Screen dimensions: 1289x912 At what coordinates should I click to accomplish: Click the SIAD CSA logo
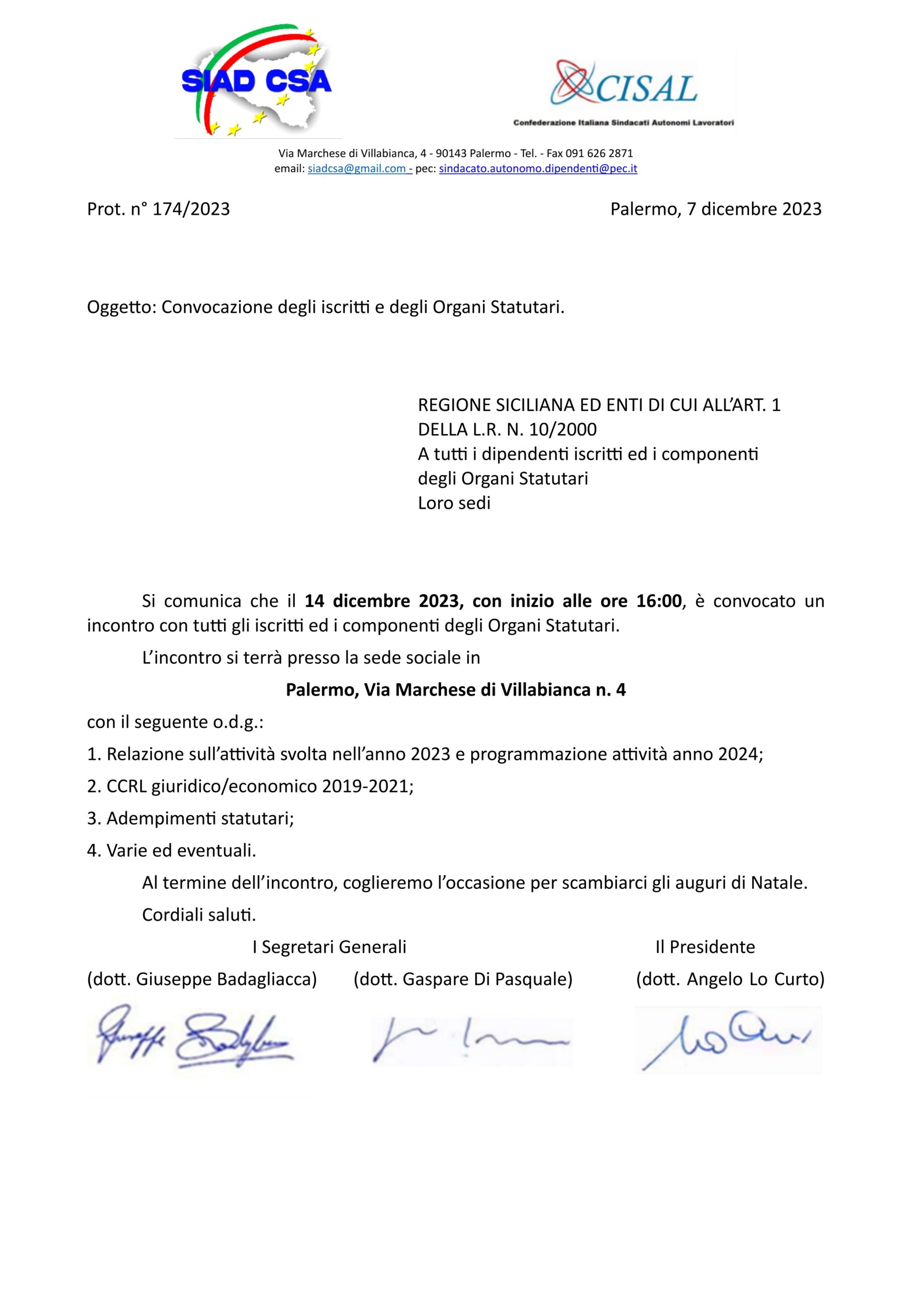pyautogui.click(x=257, y=82)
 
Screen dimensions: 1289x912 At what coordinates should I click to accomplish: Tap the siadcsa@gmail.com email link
pyautogui.click(x=360, y=168)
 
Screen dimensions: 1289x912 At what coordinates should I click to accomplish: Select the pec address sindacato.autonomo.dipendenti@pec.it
pyautogui.click(x=537, y=168)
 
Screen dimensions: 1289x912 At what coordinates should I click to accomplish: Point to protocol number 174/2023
pyautogui.click(x=191, y=209)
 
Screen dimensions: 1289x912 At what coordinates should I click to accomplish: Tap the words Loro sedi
pyautogui.click(x=454, y=503)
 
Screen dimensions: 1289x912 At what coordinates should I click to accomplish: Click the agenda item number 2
pyautogui.click(x=93, y=786)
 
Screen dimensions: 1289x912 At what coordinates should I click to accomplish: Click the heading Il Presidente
pyautogui.click(x=705, y=947)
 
